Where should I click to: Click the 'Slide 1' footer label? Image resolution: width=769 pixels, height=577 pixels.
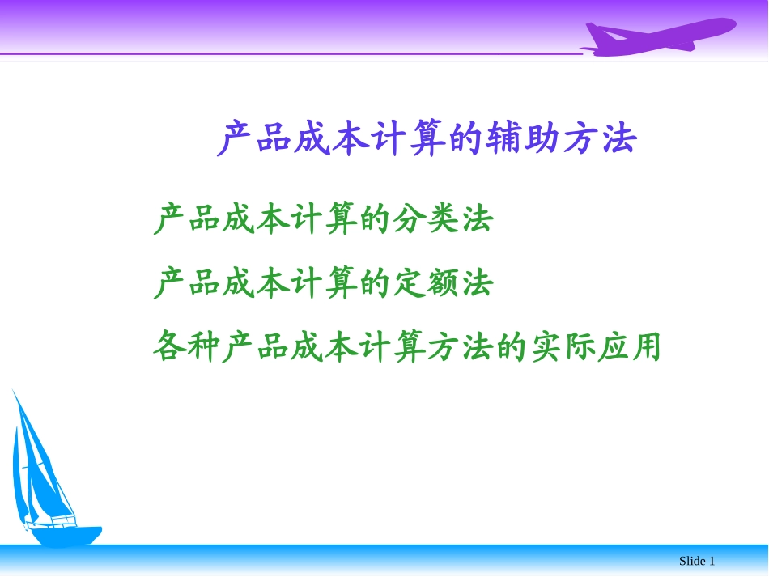click(696, 561)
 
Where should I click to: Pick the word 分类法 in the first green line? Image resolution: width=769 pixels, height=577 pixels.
click(443, 219)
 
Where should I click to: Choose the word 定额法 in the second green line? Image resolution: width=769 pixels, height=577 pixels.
click(443, 283)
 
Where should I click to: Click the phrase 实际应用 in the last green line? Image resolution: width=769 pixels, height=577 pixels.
click(596, 347)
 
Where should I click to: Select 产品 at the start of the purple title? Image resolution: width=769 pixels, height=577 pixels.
click(255, 139)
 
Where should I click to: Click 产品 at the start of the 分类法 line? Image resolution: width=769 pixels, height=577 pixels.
click(187, 219)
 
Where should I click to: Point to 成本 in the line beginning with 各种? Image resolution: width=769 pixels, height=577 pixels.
click(324, 347)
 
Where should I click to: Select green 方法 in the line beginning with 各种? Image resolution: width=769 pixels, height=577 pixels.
click(460, 347)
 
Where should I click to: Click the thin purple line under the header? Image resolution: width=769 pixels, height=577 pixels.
click(283, 54)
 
